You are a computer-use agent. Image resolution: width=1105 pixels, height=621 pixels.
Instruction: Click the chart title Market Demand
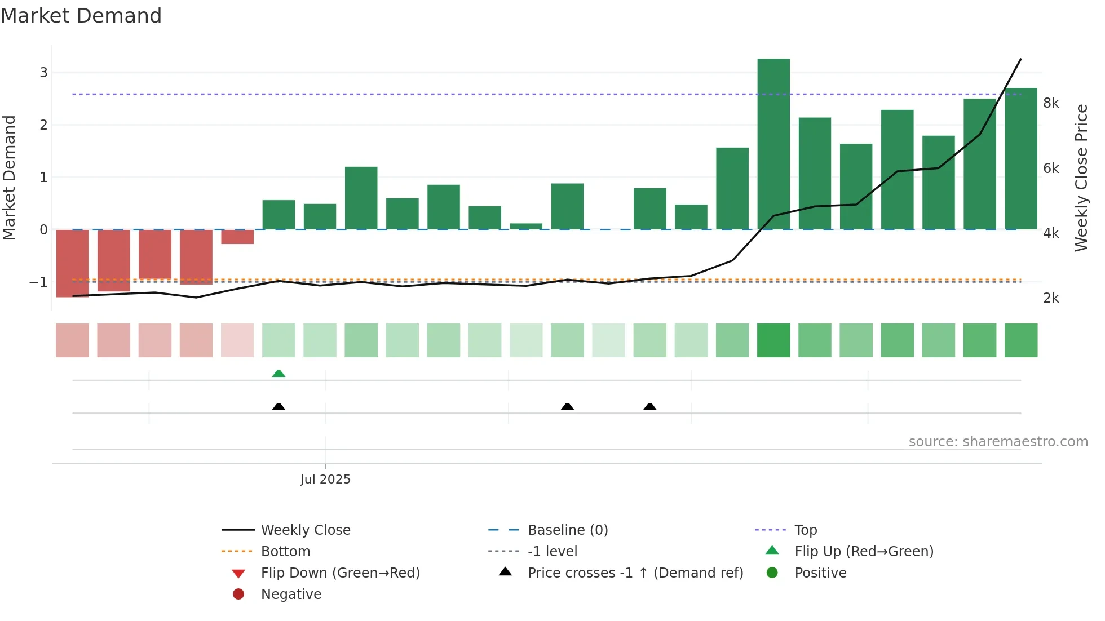(x=81, y=16)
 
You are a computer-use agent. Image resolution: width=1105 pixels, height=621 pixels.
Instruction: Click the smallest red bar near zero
(x=237, y=237)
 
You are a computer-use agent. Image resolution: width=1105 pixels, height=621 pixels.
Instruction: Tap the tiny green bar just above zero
(x=526, y=227)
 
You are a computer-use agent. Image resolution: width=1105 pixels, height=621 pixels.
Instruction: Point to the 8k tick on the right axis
(x=1051, y=103)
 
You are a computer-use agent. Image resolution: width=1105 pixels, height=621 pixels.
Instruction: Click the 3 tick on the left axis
(x=43, y=72)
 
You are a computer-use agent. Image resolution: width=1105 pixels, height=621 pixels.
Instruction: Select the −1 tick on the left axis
(x=38, y=282)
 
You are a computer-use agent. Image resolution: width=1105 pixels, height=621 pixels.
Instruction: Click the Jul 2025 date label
(x=325, y=480)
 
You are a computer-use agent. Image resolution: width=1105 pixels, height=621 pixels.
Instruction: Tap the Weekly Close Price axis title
(x=1081, y=178)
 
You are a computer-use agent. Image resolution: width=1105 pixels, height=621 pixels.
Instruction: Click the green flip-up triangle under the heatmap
(x=279, y=374)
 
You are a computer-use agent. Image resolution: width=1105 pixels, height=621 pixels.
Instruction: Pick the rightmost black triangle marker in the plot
(x=650, y=407)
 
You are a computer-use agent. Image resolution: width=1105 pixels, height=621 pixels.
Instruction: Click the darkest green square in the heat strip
(x=774, y=340)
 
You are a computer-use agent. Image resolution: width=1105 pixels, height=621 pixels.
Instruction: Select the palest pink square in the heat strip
(x=237, y=340)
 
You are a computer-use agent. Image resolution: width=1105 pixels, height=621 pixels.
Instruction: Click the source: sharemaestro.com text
(x=998, y=442)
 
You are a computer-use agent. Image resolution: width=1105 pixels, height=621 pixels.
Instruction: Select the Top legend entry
(x=805, y=530)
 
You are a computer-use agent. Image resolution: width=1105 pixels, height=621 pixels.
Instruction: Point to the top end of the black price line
(x=1020, y=59)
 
